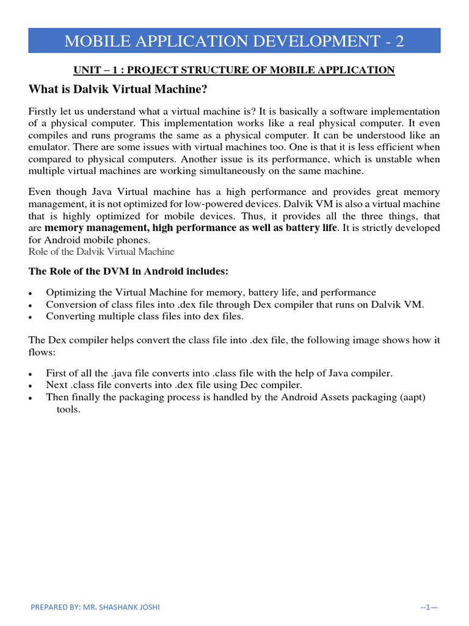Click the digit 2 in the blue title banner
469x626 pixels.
point(398,42)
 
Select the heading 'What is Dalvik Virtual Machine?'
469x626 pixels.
point(118,89)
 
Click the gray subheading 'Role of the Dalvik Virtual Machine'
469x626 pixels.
point(101,251)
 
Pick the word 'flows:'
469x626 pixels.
point(42,351)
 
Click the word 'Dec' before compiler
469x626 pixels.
point(256,385)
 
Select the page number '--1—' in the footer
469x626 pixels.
point(429,606)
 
